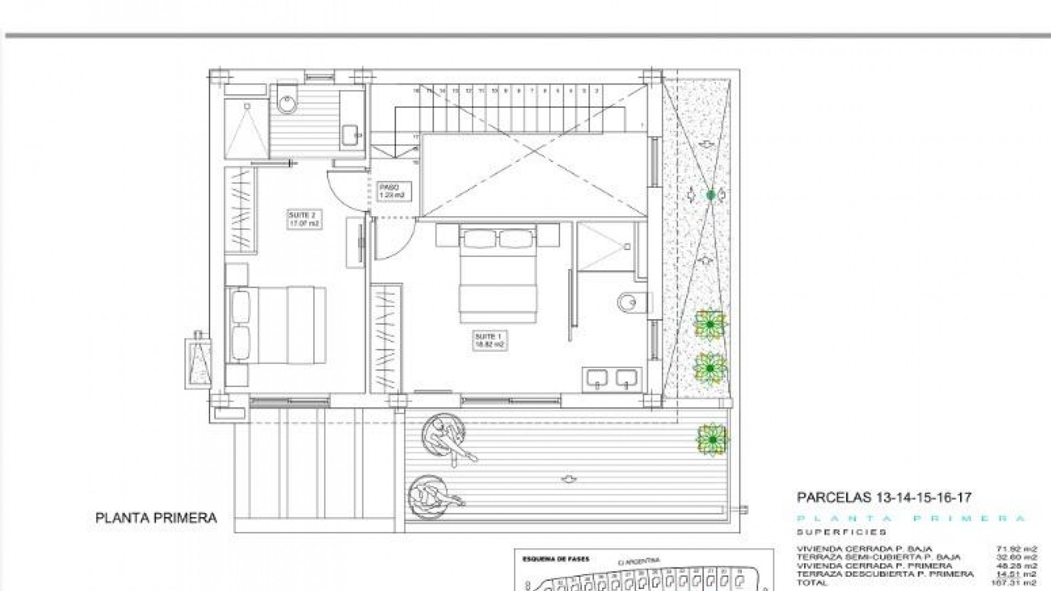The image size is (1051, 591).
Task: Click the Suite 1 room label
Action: point(488,340)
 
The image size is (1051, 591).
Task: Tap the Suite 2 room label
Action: point(304,219)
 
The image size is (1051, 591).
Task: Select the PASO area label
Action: point(391,191)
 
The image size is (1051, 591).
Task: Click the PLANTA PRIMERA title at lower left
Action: point(156,518)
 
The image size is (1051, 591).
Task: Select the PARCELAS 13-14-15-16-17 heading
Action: point(883,497)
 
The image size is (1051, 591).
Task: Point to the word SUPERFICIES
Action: point(841,532)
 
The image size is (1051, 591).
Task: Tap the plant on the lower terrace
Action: point(712,439)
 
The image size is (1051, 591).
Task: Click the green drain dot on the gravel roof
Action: point(711,194)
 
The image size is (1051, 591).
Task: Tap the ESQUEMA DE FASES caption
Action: point(548,559)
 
